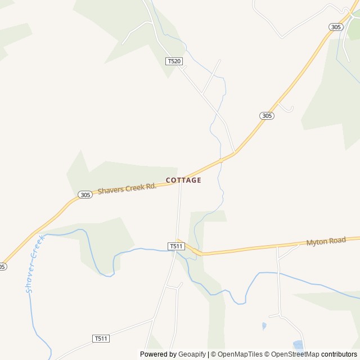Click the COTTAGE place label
183,181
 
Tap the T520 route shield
174,61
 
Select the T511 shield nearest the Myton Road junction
176,246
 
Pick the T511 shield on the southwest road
101,338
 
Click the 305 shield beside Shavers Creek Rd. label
85,195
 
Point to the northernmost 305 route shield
336,27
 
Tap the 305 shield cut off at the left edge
2,267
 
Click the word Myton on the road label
317,242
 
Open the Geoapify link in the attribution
192,354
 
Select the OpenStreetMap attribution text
293,354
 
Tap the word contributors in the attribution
339,354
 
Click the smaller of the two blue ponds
264,326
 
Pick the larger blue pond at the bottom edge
298,345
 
